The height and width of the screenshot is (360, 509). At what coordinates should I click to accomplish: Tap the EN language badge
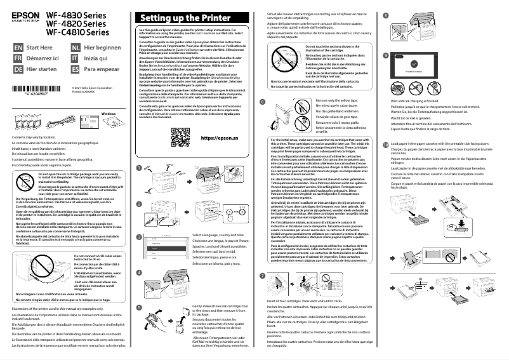tap(18, 48)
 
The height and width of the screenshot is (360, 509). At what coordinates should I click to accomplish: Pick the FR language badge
tap(18, 58)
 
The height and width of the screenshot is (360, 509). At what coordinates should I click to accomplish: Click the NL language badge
tap(76, 48)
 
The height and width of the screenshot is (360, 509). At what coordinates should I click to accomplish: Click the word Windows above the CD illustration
tap(110, 112)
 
